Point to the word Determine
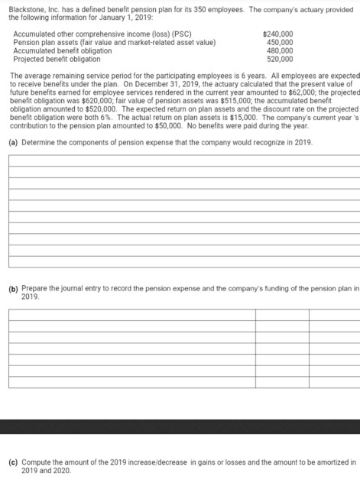point(36,143)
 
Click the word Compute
point(35,461)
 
